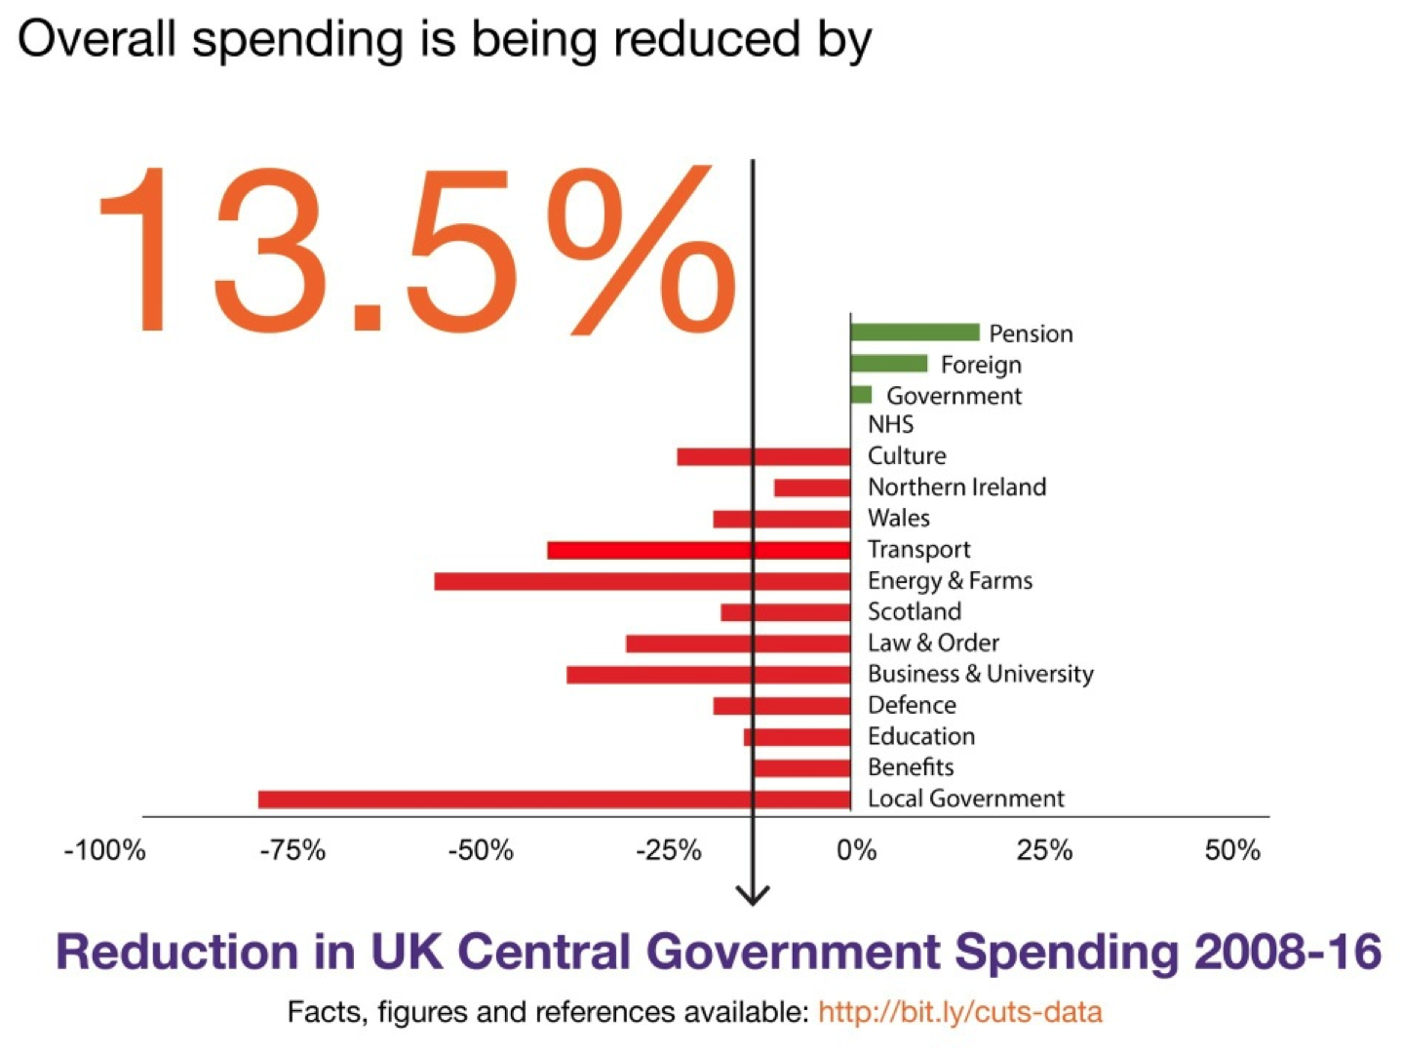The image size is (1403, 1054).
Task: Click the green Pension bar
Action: (915, 332)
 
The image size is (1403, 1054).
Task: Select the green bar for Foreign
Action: (888, 364)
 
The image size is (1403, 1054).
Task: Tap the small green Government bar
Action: (861, 395)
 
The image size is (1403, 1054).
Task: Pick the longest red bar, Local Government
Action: (554, 800)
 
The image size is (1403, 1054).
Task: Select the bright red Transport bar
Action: (698, 550)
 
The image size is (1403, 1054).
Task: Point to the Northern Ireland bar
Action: (812, 488)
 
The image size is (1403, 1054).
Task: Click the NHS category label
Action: (890, 424)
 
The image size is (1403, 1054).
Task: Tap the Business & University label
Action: (980, 674)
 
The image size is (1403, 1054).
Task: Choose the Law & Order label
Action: (933, 643)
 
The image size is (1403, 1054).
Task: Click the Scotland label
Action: (914, 611)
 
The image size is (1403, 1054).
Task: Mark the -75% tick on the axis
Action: (292, 850)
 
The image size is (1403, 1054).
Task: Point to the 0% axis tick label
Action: (856, 850)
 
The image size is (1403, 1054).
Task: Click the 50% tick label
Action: (1232, 850)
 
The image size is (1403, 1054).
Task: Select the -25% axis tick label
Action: (669, 850)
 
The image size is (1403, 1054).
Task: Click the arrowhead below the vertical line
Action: (752, 895)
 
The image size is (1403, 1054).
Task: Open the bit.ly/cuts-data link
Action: (959, 1012)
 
